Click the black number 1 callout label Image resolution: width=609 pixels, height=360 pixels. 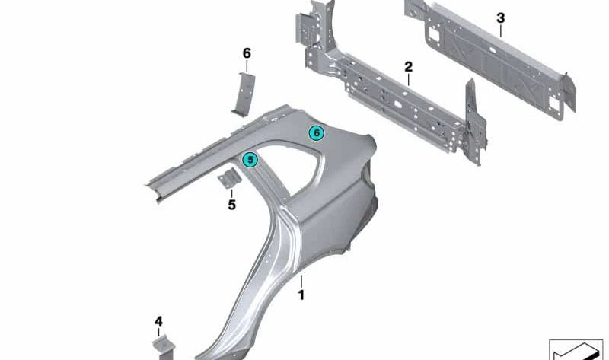point(301,295)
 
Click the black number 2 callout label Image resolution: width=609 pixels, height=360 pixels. point(408,67)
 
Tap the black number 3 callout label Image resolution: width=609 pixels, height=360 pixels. point(501,18)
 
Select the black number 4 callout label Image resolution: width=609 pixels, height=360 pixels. point(158,321)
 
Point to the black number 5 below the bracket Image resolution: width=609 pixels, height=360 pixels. point(232,205)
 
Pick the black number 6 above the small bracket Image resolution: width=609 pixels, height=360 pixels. point(247,53)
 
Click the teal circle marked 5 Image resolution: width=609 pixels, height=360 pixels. point(250,160)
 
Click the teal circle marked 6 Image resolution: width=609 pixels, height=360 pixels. point(317,133)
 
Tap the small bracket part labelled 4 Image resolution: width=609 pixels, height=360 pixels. point(164,346)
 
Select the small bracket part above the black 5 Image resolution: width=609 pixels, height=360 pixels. point(229,179)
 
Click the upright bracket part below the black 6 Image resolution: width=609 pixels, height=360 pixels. point(244,94)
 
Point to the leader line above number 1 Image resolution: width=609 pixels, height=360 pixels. point(301,281)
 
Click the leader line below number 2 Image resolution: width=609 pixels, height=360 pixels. point(408,80)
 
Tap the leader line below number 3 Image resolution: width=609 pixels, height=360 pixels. point(501,31)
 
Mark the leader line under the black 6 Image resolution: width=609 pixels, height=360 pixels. point(247,66)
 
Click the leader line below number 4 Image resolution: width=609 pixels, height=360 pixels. point(158,332)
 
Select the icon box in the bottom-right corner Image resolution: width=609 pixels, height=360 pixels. point(576,350)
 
